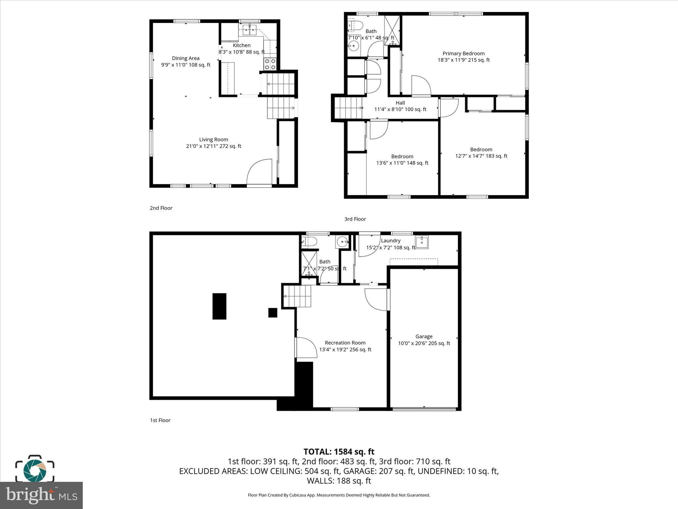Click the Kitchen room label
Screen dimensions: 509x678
pos(242,45)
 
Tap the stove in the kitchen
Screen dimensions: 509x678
pos(270,64)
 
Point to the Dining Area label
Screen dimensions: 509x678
pos(186,58)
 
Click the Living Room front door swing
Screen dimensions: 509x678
pos(260,172)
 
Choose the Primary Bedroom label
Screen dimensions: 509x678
pos(463,53)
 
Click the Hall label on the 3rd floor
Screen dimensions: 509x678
pos(400,103)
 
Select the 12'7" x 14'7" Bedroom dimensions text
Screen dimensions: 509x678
pos(481,156)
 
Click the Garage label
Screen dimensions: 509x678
pos(424,336)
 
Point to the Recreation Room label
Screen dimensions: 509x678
pos(345,343)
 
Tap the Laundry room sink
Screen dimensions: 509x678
pos(422,242)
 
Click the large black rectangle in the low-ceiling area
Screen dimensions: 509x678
pos(219,306)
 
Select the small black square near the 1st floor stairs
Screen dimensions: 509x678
pos(272,312)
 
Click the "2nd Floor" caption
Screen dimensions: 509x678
pos(161,208)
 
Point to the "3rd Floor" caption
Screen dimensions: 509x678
pos(355,219)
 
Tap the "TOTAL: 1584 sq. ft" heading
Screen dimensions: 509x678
pos(339,452)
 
